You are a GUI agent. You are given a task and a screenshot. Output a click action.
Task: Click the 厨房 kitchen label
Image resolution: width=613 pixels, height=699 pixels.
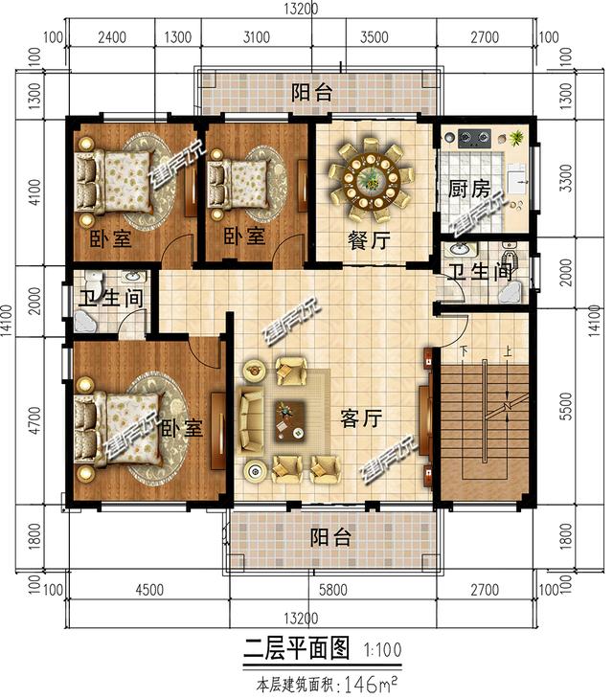pos(468,189)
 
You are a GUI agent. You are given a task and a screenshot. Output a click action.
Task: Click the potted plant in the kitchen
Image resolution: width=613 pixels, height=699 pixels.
pos(517,139)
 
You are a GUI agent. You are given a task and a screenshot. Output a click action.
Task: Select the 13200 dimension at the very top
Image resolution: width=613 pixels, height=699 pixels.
pos(302,10)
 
